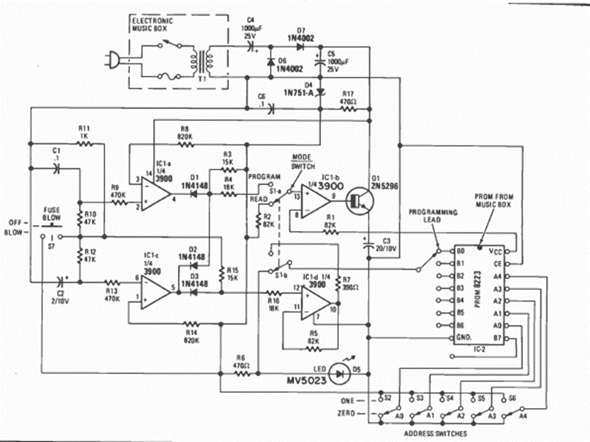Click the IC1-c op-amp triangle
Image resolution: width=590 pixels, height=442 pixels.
click(154, 288)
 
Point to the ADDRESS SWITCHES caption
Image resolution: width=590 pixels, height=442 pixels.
click(436, 433)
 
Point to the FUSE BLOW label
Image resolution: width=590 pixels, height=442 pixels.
click(51, 212)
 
